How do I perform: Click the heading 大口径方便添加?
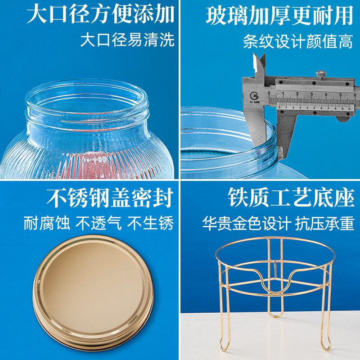click(x=100, y=15)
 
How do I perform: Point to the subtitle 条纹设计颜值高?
click(x=298, y=41)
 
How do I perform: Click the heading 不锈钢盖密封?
click(x=109, y=198)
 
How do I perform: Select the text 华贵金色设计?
click(x=246, y=224)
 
